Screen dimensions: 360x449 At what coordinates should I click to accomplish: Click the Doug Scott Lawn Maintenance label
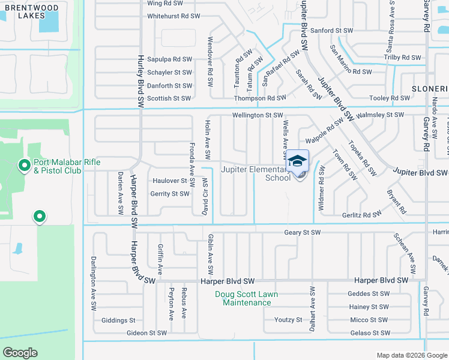click(x=247, y=298)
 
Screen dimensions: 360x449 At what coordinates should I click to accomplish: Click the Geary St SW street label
click(x=303, y=232)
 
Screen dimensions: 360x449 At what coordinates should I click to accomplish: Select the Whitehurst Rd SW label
click(x=169, y=16)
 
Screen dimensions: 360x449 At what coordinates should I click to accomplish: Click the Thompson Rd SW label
click(x=260, y=98)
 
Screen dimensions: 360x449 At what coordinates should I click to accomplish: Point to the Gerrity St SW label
click(x=170, y=194)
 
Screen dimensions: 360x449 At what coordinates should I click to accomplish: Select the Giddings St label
click(x=118, y=320)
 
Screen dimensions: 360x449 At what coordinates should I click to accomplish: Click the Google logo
click(x=20, y=353)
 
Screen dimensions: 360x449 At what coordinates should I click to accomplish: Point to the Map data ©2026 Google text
click(x=412, y=355)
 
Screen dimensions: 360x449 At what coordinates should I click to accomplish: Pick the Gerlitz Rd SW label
click(x=362, y=214)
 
